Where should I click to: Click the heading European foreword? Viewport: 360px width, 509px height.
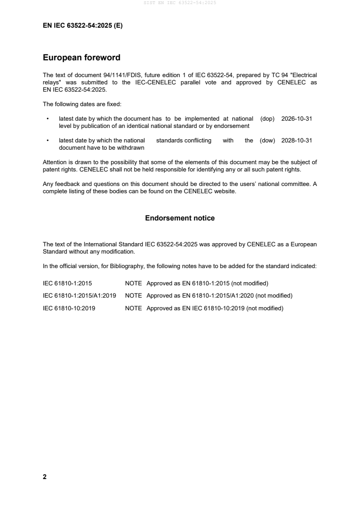tap(81, 58)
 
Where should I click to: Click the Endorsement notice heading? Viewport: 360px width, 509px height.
tap(180, 218)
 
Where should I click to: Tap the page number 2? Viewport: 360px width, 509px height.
tap(44, 477)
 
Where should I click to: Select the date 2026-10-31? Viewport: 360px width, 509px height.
tap(296, 118)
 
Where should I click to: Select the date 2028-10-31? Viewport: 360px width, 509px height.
tap(296, 141)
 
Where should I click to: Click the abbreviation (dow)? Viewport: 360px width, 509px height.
tap(267, 141)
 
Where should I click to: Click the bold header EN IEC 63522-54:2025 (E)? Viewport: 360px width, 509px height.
tap(83, 26)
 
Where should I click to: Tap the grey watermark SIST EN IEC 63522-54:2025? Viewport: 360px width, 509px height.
tap(180, 3)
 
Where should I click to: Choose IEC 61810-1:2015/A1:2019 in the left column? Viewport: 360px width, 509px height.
tap(79, 296)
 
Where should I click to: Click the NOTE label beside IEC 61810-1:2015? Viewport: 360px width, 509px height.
tap(133, 284)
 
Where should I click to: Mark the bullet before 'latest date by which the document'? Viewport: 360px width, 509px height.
tap(48, 118)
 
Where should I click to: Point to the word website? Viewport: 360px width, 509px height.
tap(225, 191)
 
